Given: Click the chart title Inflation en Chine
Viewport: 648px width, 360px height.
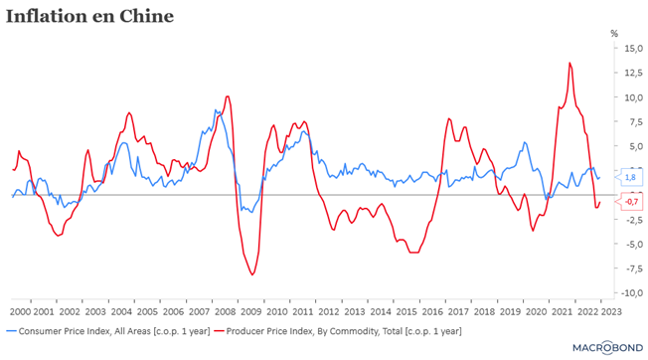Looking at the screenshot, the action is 89,17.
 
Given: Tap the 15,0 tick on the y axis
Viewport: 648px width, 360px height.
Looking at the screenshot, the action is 633,48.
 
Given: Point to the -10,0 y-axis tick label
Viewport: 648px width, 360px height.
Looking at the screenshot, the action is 632,293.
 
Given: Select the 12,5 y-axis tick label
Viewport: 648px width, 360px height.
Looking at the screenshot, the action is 633,73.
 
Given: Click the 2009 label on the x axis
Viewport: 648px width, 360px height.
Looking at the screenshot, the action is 251,311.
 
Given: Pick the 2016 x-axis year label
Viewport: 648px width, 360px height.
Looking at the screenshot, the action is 432,311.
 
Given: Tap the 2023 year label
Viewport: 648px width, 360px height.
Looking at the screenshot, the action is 611,311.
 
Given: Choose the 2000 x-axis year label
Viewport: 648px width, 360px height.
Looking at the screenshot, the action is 20,311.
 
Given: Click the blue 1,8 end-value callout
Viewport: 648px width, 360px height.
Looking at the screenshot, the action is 629,177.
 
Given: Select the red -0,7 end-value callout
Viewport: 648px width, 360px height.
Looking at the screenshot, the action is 629,202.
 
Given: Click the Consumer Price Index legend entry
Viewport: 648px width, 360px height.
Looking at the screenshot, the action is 108,331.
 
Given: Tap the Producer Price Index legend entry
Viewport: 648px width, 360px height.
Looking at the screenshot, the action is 338,331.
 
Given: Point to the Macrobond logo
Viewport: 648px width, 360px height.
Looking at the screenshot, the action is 607,348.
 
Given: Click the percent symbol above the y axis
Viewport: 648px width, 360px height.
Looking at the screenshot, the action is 614,34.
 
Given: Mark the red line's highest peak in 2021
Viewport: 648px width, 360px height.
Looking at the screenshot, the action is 569,63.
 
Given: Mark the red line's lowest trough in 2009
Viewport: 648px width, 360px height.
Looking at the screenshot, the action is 252,274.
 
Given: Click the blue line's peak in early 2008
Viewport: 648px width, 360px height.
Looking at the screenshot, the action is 216,110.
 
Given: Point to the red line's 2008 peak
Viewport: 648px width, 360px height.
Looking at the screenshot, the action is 228,96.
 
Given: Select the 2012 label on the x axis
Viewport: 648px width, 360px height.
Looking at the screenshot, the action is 329,311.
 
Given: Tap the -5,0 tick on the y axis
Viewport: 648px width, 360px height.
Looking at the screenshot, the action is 633,244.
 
